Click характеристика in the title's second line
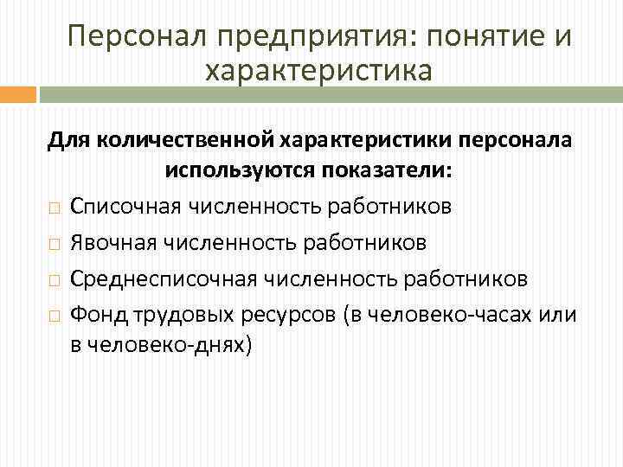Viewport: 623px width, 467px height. pos(318,70)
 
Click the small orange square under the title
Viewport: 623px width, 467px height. pos(17,95)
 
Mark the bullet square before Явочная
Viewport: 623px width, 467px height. pos(54,244)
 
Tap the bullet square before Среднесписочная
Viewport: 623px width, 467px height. pos(54,280)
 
